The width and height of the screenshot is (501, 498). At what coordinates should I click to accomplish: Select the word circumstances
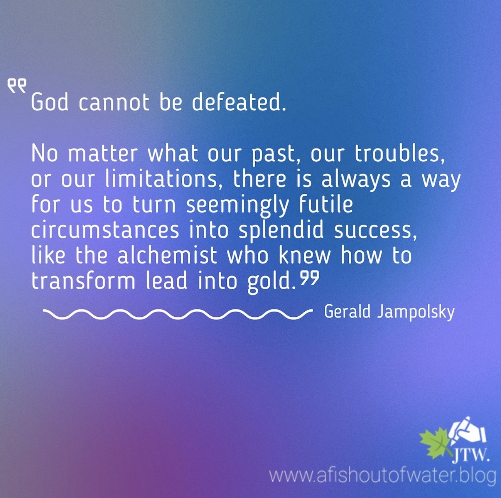pos(105,230)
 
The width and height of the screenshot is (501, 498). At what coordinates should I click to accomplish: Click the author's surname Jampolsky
pos(416,312)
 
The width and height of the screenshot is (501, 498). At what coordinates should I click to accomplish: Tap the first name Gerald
pos(347,311)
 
